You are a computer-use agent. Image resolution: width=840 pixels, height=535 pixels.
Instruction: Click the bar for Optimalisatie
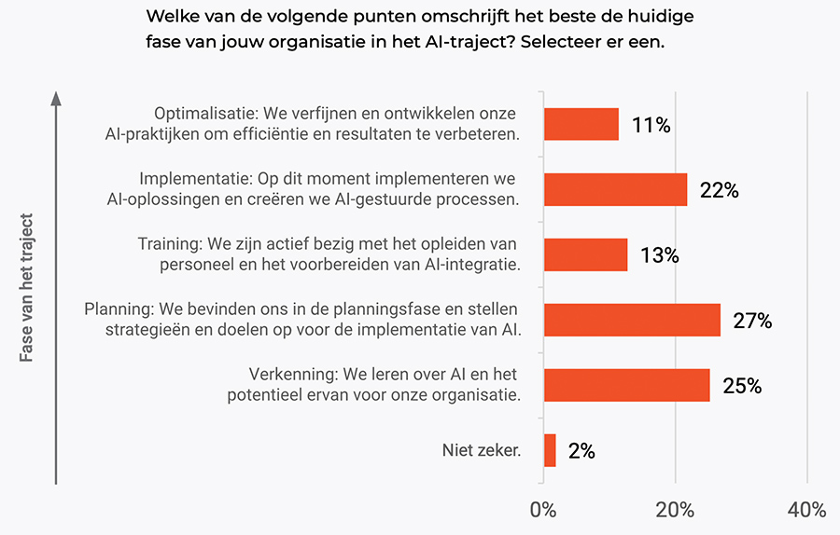coord(581,124)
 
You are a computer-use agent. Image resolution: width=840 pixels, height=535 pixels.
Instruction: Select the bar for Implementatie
coord(615,189)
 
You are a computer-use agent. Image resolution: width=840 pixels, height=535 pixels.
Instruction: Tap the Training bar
coord(585,254)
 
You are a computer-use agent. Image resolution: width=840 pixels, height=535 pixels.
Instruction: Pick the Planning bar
coord(631,320)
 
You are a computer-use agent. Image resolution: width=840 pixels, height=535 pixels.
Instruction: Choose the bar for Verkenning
coord(625,385)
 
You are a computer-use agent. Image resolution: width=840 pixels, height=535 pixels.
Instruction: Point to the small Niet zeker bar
coord(549,450)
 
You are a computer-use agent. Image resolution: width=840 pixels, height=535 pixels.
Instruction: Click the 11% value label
coord(651,125)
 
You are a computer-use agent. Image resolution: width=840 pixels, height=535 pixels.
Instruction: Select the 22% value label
coord(719,190)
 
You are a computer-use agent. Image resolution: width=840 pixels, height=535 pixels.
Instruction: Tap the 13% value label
coord(659,255)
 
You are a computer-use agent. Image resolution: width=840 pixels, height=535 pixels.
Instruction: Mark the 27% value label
coord(752,321)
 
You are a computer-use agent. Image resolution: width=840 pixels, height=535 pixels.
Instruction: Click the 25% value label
coord(742,386)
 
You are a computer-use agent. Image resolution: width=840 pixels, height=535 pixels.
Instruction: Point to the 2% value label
coord(581,451)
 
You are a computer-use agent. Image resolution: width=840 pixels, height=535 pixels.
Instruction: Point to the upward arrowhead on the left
coord(56,97)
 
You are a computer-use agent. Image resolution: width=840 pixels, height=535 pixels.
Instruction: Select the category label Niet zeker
coord(481,451)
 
